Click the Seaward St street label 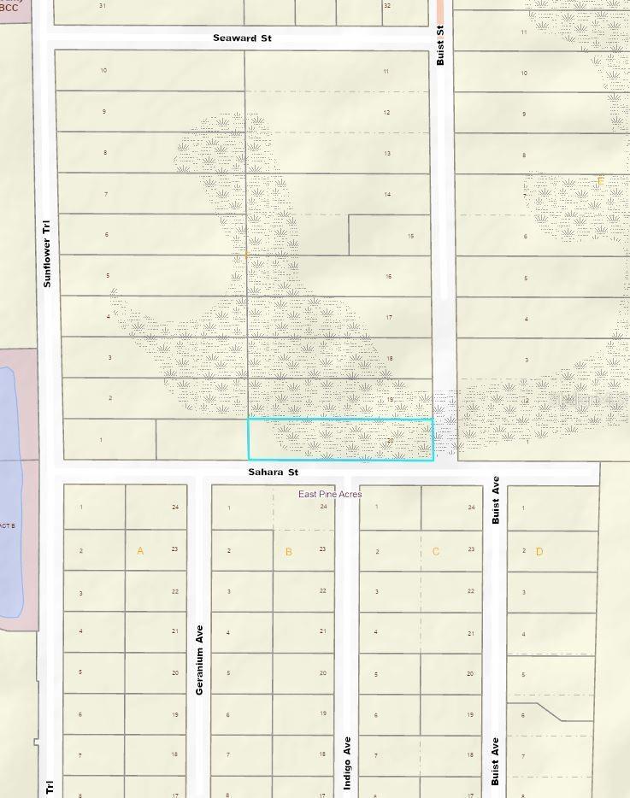(x=243, y=38)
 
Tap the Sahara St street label (x=274, y=472)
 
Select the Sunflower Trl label (x=47, y=254)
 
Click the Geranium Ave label (x=199, y=670)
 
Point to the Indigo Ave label (x=347, y=763)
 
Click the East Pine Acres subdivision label (x=330, y=494)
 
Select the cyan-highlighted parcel (x=340, y=440)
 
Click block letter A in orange (x=140, y=551)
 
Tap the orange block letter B (x=288, y=552)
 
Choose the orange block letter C (x=436, y=551)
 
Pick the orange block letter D (x=539, y=552)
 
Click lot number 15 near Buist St (x=410, y=236)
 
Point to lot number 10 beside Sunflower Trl (x=103, y=70)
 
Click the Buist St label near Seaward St (x=440, y=45)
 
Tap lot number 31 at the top (x=103, y=5)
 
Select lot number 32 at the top (x=387, y=5)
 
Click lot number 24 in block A (x=175, y=507)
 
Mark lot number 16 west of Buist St (x=388, y=276)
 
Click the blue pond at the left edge (x=8, y=491)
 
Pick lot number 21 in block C (x=470, y=632)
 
